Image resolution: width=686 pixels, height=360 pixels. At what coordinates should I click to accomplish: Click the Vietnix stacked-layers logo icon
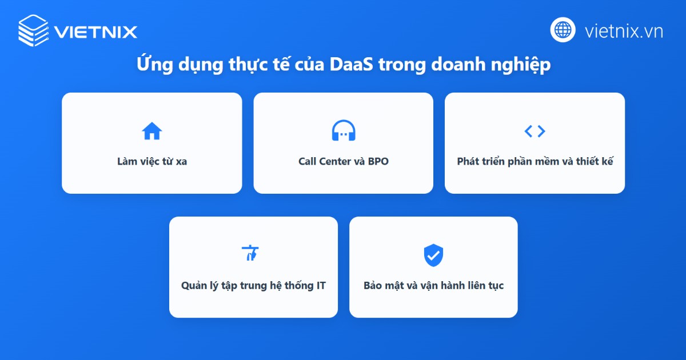click(x=33, y=30)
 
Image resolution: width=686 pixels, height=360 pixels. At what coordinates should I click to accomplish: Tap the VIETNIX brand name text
click(x=96, y=31)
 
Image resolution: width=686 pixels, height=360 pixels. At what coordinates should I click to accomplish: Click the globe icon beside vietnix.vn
click(x=563, y=30)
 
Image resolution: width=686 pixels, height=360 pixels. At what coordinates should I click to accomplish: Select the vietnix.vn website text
click(x=624, y=31)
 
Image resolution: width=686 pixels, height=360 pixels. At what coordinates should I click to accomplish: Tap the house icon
click(x=151, y=131)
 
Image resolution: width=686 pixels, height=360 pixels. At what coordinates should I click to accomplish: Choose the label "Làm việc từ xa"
click(x=152, y=161)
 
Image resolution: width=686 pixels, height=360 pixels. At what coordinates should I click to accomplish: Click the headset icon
click(x=343, y=131)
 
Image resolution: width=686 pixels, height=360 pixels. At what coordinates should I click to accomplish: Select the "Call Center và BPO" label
click(x=343, y=161)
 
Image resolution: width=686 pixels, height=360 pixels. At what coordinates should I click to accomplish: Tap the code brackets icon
click(x=535, y=131)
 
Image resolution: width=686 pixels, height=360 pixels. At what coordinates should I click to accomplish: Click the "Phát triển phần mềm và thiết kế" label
click(x=535, y=161)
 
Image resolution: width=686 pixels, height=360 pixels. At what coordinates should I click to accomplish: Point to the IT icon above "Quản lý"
click(x=250, y=253)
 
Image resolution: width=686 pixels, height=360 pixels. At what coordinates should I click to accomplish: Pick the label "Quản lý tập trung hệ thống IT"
click(x=253, y=285)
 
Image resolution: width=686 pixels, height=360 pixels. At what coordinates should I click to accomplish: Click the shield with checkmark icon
click(x=433, y=255)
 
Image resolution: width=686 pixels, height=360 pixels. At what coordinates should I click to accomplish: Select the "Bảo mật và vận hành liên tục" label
click(x=433, y=285)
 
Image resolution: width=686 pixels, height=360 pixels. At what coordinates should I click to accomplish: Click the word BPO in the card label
click(x=378, y=161)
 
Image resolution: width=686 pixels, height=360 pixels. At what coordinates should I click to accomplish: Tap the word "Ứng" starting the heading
click(x=152, y=65)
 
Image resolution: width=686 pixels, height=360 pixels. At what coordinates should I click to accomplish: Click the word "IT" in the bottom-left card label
click(x=321, y=285)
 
